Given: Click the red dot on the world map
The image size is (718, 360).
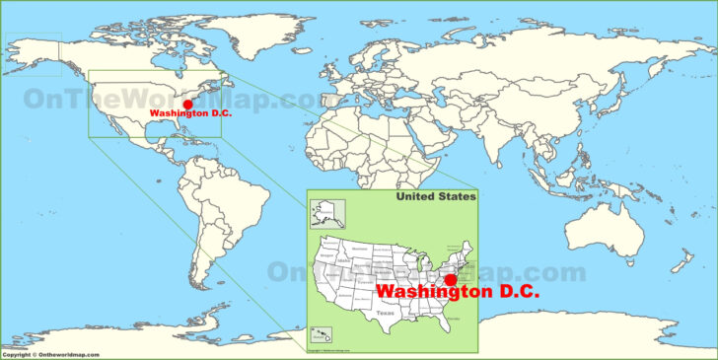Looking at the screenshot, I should [187, 104].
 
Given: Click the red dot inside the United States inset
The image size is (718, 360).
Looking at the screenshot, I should [451, 280].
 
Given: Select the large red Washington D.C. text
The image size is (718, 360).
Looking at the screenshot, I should [458, 293].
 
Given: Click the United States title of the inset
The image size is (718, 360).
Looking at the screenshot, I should [436, 197].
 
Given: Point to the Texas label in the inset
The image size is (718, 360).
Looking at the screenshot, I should [385, 313].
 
